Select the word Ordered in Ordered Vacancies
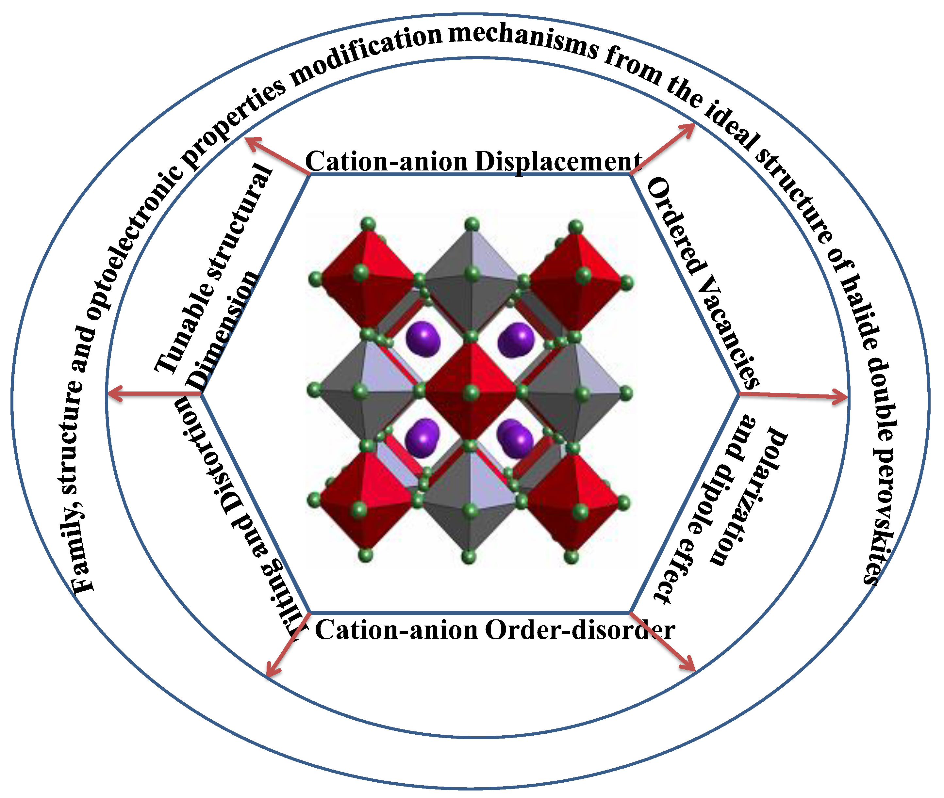[676, 226]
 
